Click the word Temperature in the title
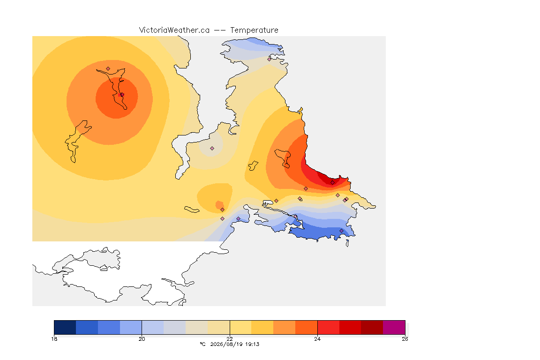pyautogui.click(x=254, y=30)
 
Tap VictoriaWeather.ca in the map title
pyautogui.click(x=174, y=30)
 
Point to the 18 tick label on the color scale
pyautogui.click(x=54, y=339)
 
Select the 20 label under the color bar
pyautogui.click(x=142, y=339)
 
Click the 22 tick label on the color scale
pyautogui.click(x=230, y=339)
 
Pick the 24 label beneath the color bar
pyautogui.click(x=317, y=339)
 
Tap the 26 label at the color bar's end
pyautogui.click(x=405, y=339)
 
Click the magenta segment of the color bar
pyautogui.click(x=394, y=327)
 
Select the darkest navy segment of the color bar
pyautogui.click(x=65, y=327)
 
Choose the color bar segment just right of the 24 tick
pyautogui.click(x=328, y=327)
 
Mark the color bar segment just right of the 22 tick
pyautogui.click(x=241, y=327)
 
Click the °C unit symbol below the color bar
pyautogui.click(x=203, y=344)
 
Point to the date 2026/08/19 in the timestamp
pyautogui.click(x=225, y=344)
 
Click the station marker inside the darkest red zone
pyautogui.click(x=332, y=183)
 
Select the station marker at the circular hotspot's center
pyautogui.click(x=122, y=94)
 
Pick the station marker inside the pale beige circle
pyautogui.click(x=212, y=149)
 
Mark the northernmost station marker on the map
pyautogui.click(x=270, y=59)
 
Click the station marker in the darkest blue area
pyautogui.click(x=341, y=231)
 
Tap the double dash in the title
pyautogui.click(x=220, y=30)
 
